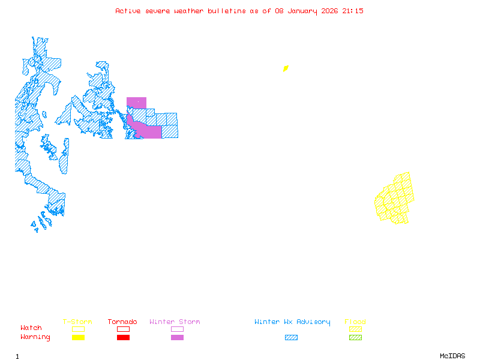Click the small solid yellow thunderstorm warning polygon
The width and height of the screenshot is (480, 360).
(x=286, y=68)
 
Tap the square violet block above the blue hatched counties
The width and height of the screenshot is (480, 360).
(x=136, y=103)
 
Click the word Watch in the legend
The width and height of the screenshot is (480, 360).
(x=31, y=328)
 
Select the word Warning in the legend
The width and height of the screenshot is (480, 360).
(x=35, y=337)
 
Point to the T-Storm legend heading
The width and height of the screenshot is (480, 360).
(x=77, y=322)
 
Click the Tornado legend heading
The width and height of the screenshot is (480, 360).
(x=122, y=322)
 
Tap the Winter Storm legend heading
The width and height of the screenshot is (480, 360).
(x=175, y=322)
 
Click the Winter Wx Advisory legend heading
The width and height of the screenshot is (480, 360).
(x=292, y=322)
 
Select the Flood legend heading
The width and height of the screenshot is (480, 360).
(x=355, y=322)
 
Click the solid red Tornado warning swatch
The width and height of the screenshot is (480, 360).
(x=123, y=338)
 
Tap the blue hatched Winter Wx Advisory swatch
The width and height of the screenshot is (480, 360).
(x=291, y=338)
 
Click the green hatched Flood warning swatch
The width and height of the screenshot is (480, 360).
(x=355, y=338)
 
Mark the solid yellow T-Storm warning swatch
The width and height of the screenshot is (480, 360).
(x=78, y=338)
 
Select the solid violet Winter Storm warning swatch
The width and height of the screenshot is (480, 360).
(x=177, y=338)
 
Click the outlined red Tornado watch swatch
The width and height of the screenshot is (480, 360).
(x=123, y=329)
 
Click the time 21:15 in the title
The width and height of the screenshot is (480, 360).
(x=353, y=11)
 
